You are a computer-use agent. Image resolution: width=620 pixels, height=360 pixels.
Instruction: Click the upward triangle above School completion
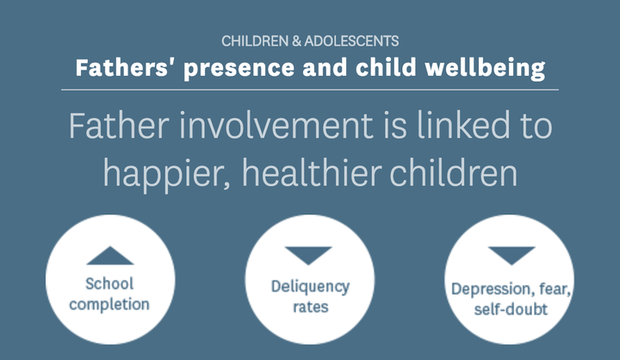(110, 256)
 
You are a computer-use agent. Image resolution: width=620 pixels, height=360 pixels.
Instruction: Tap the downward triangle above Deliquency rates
(308, 256)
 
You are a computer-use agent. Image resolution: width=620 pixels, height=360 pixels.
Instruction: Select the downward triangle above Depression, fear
(512, 256)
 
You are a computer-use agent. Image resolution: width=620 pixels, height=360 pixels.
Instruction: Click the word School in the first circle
(109, 283)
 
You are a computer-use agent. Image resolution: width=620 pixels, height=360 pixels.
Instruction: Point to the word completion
(109, 305)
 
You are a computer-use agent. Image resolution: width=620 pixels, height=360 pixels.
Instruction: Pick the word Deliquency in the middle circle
(310, 287)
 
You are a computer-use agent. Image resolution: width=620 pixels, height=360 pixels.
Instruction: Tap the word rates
(310, 307)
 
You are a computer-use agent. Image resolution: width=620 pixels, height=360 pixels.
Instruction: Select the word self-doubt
(511, 309)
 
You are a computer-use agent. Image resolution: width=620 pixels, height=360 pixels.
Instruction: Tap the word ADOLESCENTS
(351, 41)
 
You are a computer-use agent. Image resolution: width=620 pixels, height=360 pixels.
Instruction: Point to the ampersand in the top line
(296, 41)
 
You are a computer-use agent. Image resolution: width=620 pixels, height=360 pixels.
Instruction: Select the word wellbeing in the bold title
(485, 68)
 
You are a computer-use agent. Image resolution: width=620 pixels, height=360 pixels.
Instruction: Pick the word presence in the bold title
(239, 69)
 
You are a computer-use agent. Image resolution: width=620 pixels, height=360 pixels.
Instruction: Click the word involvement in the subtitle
(276, 126)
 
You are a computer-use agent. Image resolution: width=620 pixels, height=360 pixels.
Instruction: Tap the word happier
(166, 173)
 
